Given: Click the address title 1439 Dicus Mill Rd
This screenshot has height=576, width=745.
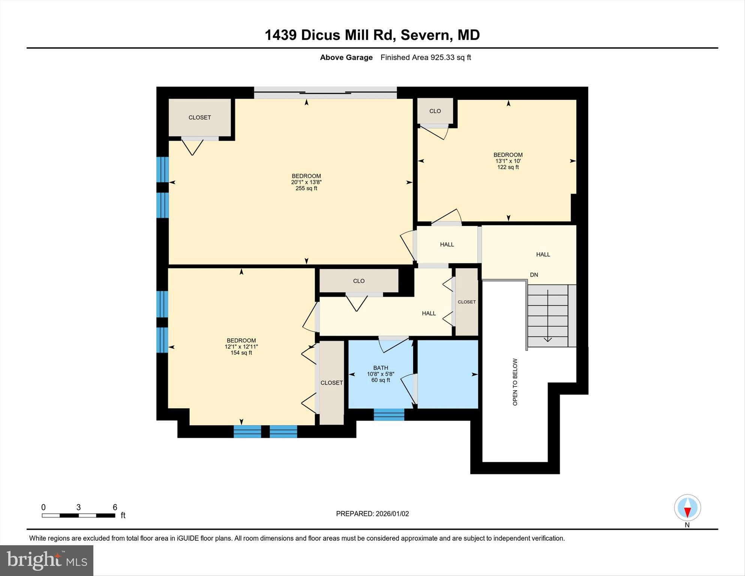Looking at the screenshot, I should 372,35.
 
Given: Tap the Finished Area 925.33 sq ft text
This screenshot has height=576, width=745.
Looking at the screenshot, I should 425,57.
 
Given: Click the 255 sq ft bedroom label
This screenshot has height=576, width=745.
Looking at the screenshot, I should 306,182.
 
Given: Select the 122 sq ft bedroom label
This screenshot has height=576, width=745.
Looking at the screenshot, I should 508,161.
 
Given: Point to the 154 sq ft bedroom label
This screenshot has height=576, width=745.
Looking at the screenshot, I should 241,347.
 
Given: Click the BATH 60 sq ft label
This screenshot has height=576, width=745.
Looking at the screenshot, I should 380,374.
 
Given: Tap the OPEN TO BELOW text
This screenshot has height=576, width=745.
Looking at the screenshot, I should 515,382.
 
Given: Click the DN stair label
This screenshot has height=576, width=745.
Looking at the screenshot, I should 534,275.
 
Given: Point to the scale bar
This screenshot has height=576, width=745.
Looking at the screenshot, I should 78,515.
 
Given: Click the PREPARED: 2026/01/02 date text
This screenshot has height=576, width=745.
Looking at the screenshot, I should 372,514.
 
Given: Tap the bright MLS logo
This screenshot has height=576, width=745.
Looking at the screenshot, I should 46,561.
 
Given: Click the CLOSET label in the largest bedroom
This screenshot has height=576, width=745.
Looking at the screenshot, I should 199,117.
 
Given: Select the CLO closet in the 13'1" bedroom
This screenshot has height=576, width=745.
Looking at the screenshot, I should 435,111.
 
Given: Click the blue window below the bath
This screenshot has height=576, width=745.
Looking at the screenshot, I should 389,414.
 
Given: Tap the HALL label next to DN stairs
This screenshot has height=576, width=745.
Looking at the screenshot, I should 543,254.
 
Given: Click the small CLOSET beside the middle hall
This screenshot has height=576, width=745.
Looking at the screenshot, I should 466,302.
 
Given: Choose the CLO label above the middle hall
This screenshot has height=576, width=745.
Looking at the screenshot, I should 358,281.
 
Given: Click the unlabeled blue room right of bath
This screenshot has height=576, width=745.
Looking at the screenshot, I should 447,374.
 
